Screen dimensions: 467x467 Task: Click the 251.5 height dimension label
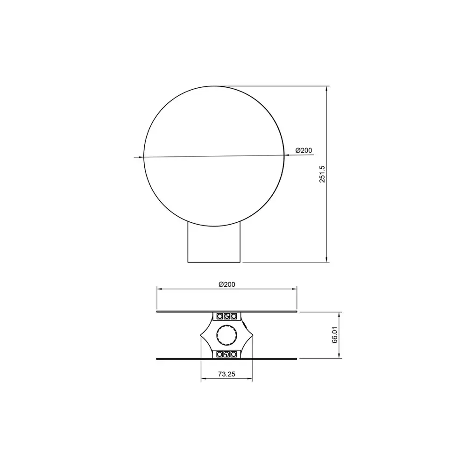(x=322, y=174)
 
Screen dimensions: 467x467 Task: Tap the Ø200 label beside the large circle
(x=304, y=150)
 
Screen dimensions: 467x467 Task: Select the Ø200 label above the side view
(x=227, y=284)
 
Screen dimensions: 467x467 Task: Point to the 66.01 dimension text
(x=335, y=335)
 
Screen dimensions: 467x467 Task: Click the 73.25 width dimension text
(x=226, y=374)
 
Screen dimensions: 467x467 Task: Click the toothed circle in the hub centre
(x=226, y=335)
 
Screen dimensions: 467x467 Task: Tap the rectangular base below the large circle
(x=214, y=242)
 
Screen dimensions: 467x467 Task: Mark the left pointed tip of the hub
(x=200, y=336)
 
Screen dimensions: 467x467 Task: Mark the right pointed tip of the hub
(x=253, y=336)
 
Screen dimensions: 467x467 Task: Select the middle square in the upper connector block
(x=226, y=316)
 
